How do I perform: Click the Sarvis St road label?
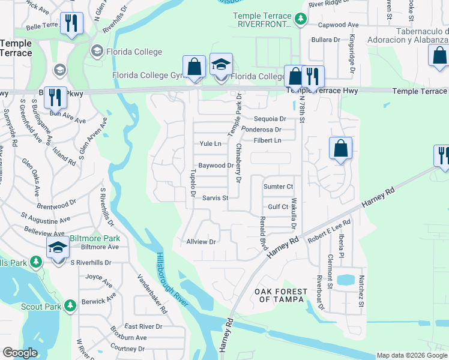tap(215, 198)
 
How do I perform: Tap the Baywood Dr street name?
tap(215, 165)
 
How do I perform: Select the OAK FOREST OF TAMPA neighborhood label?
tap(281, 295)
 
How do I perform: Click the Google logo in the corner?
tap(20, 353)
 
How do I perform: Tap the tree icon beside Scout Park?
tap(71, 305)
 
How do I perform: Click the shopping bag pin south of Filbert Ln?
tap(340, 149)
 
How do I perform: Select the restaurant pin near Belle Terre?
tap(71, 24)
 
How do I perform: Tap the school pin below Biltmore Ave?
tap(58, 248)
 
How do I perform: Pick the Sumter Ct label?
tap(278, 187)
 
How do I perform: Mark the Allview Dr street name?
tap(201, 242)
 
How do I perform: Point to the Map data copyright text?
tap(411, 355)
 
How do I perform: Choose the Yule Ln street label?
tap(210, 144)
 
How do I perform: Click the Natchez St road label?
tap(361, 291)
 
